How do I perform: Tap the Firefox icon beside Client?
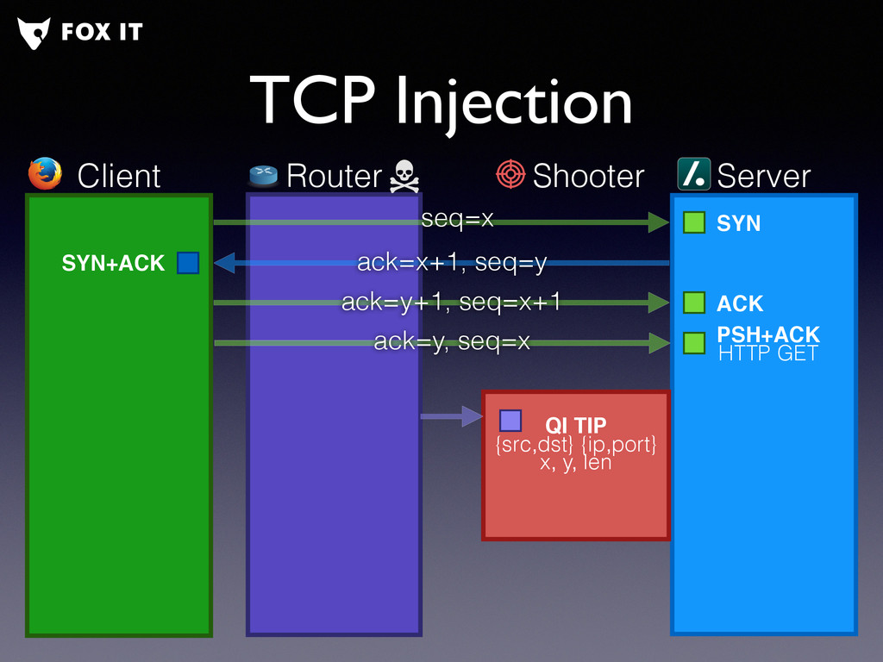[x=46, y=174]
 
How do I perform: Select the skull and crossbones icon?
[x=404, y=176]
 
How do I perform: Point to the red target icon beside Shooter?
[x=510, y=174]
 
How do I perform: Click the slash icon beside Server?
[x=693, y=174]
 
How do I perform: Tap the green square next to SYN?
[x=694, y=222]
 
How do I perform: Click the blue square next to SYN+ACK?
[x=188, y=263]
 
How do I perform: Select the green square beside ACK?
[x=694, y=303]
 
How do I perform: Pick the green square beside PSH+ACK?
[x=694, y=343]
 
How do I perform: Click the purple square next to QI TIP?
[x=510, y=421]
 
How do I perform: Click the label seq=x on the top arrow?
[x=457, y=220]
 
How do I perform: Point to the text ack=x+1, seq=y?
[x=452, y=263]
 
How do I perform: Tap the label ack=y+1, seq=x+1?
[x=451, y=303]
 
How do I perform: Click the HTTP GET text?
[x=767, y=353]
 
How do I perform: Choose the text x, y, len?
[x=575, y=462]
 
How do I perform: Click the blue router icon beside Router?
[x=264, y=175]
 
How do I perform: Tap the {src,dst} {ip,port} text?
[x=575, y=445]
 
